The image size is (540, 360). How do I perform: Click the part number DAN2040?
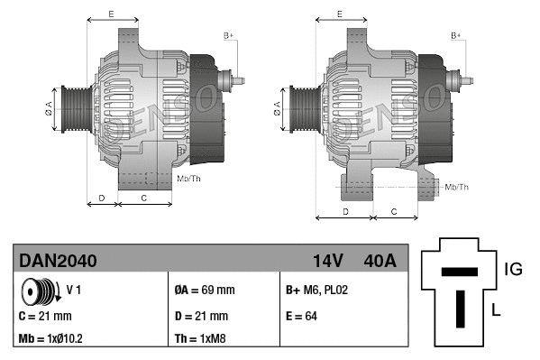point(58,261)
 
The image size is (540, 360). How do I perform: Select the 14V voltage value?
point(327,261)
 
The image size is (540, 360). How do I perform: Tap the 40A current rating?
point(378,261)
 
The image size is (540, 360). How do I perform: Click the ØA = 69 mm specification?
point(204,291)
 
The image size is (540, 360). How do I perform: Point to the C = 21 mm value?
point(44,317)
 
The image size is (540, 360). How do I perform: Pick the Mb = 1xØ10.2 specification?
point(52,340)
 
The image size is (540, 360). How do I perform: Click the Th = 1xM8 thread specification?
point(200,340)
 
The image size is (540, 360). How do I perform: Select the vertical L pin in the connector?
point(459,308)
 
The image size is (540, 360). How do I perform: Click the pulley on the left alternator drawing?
point(71,109)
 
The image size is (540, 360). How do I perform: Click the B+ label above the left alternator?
point(228,35)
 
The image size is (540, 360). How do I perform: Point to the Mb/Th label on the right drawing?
point(456,187)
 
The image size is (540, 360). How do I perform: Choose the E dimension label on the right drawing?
point(340,14)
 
